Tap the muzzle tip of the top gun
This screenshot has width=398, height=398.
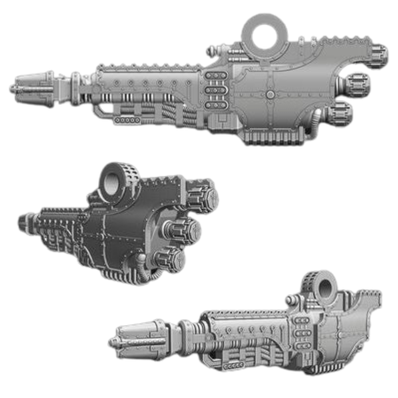[13, 88]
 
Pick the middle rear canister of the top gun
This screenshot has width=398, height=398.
[356, 85]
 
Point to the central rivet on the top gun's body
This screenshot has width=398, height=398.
[270, 96]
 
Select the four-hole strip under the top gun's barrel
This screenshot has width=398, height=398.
[127, 120]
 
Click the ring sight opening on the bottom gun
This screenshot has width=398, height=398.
[328, 287]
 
